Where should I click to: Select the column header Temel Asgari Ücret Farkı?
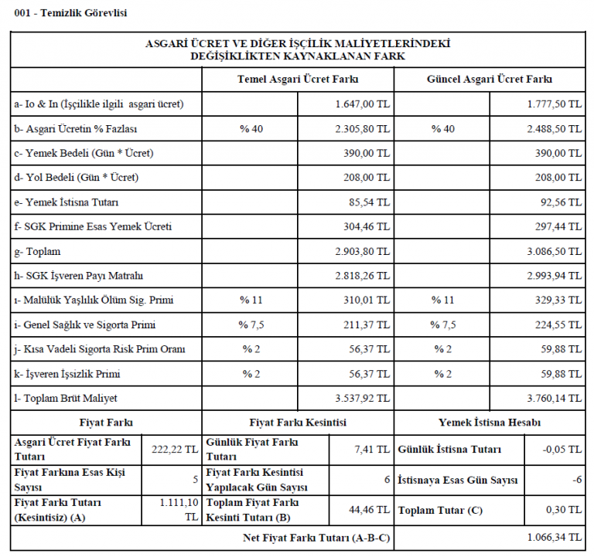(298, 80)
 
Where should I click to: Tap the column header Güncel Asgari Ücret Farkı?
(490, 80)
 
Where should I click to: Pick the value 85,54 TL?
(369, 202)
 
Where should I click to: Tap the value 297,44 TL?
(560, 227)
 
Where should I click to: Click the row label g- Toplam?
(39, 252)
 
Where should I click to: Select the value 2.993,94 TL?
(554, 277)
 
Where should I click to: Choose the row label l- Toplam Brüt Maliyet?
(68, 399)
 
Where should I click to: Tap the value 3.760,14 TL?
(554, 399)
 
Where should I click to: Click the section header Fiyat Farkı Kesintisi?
(298, 423)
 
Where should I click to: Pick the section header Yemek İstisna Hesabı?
(490, 423)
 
